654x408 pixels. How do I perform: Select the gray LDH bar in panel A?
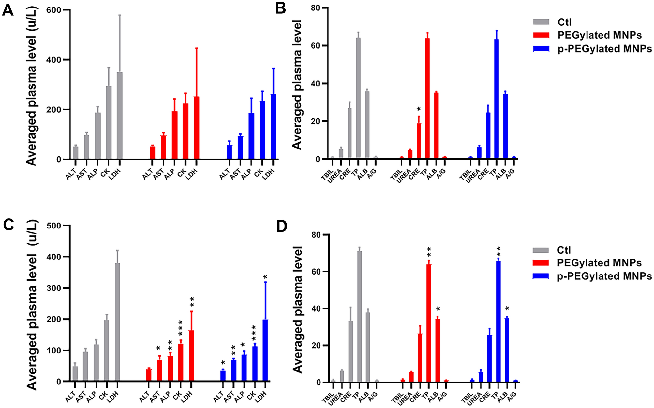coord(120,116)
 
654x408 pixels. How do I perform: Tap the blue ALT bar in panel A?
coord(230,152)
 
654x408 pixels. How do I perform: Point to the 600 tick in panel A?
coord(54,10)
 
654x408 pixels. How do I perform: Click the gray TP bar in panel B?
coord(358,98)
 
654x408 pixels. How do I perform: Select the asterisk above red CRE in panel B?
coord(419,109)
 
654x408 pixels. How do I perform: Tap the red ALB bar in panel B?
coord(436,126)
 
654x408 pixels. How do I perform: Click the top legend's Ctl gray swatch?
coord(541,22)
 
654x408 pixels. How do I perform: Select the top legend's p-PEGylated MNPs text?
coord(604,49)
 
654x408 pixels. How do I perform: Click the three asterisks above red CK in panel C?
coord(180,328)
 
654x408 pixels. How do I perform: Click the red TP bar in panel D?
coord(429,323)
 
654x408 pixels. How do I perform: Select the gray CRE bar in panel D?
coord(350,351)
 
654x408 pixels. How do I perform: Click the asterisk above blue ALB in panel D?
coord(507,309)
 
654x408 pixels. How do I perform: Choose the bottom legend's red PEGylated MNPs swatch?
coord(541,263)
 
